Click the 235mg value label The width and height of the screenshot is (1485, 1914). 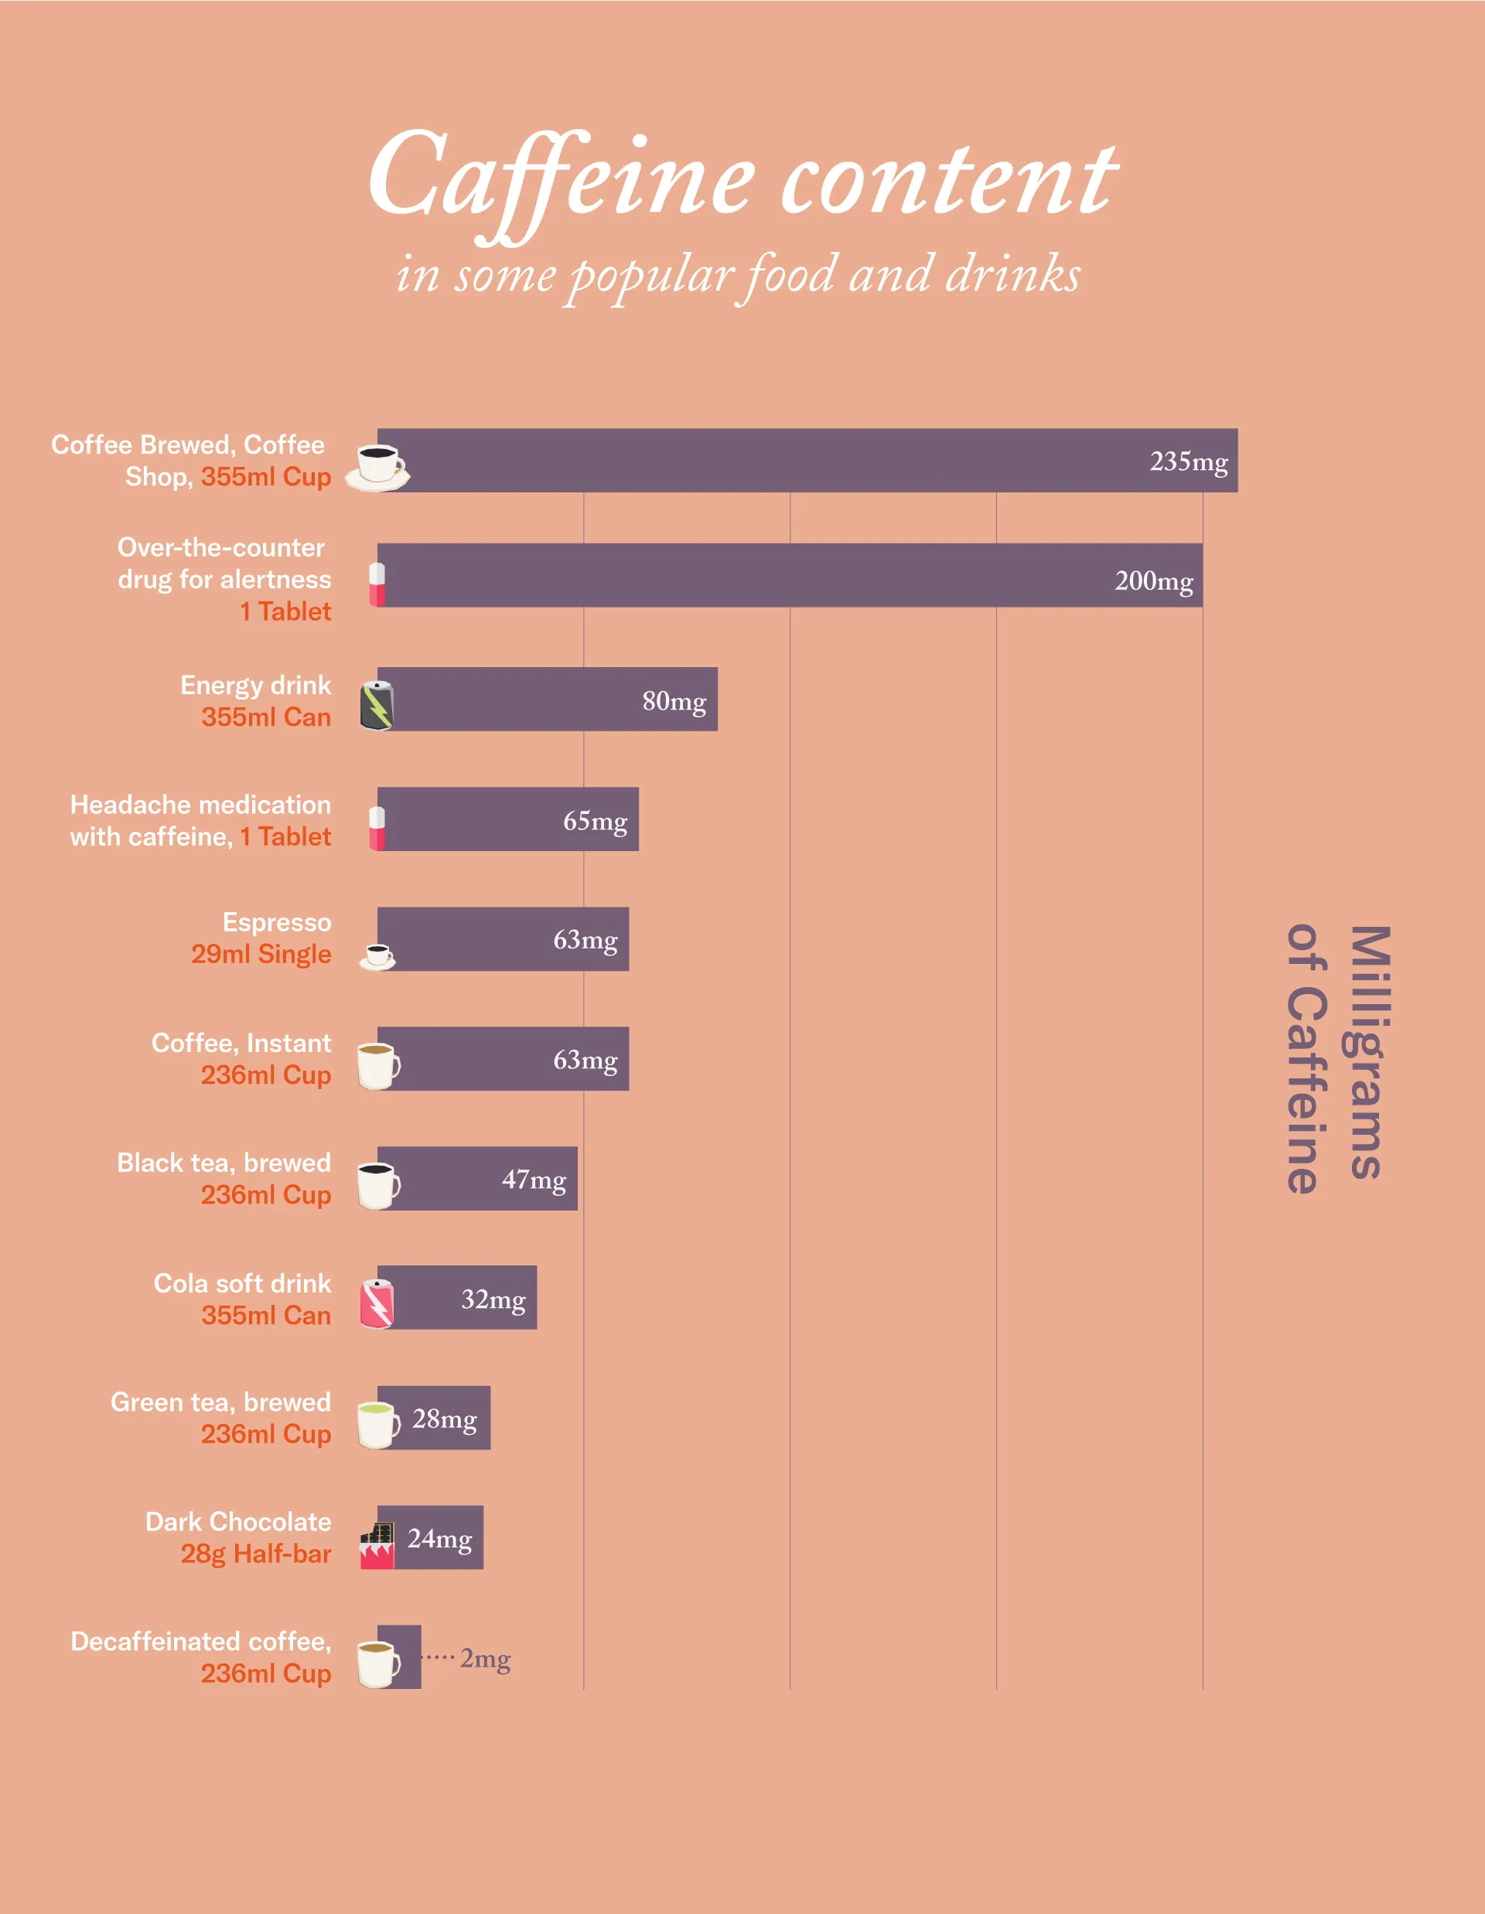(x=1188, y=461)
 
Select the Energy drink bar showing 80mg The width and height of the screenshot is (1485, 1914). (x=548, y=700)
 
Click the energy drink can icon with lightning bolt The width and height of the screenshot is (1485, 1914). (x=377, y=706)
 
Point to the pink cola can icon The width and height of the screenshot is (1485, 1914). (x=377, y=1303)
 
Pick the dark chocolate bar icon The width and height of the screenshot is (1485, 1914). (x=377, y=1546)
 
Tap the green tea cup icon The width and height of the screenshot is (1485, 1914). (x=378, y=1424)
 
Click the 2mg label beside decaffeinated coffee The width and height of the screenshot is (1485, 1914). (x=485, y=1658)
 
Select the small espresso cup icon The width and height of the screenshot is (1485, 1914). (x=378, y=956)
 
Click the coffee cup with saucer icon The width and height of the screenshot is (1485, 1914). (x=378, y=466)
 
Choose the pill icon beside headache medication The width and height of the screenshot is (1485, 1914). (x=377, y=827)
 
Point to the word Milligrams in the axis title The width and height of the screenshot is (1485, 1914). (x=1368, y=1051)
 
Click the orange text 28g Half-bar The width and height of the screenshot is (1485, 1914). (x=255, y=1554)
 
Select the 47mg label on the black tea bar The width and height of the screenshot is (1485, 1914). (x=533, y=1180)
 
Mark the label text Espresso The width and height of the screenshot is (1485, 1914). (x=276, y=922)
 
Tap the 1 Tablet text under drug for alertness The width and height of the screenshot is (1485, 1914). (x=285, y=611)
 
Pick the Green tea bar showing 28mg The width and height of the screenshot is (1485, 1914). (x=434, y=1418)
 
